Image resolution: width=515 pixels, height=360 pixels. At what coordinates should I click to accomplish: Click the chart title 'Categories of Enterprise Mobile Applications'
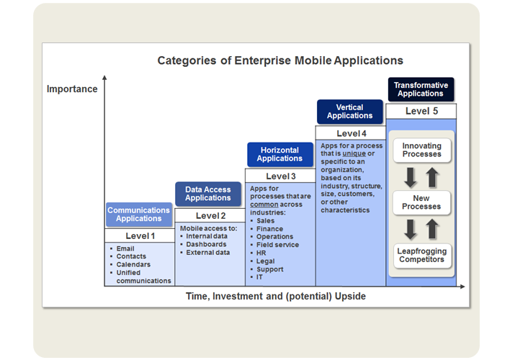click(280, 60)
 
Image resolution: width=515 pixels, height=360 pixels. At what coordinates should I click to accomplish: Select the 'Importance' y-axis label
click(72, 89)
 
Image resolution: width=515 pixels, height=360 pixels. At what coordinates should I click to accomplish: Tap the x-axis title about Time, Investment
click(276, 296)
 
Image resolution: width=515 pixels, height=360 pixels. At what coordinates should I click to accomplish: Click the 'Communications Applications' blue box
click(139, 215)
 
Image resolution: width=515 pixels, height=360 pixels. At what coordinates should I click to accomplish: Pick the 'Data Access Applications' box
click(208, 194)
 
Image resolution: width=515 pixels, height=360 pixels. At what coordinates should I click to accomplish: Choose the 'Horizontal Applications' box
click(279, 154)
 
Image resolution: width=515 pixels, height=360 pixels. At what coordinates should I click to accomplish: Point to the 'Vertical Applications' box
click(349, 112)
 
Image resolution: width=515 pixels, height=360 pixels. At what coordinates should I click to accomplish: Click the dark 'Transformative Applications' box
click(421, 89)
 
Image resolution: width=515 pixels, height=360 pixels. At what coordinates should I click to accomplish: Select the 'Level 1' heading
click(139, 235)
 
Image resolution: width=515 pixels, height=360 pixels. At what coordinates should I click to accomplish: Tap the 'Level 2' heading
click(208, 215)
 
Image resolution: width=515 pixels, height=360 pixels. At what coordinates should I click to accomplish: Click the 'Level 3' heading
click(279, 176)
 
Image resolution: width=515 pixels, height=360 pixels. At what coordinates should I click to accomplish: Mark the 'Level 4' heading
click(351, 133)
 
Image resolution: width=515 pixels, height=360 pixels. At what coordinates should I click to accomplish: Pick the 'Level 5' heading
click(421, 111)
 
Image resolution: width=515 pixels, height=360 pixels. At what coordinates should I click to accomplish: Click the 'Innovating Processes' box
click(421, 150)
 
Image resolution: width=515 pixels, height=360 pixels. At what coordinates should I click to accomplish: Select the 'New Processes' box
click(421, 202)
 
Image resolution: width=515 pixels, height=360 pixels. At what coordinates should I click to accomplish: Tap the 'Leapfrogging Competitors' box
click(421, 255)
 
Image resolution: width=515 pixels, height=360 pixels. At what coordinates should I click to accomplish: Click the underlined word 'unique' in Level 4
click(354, 153)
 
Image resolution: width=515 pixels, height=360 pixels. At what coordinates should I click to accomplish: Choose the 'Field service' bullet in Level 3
click(276, 245)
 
